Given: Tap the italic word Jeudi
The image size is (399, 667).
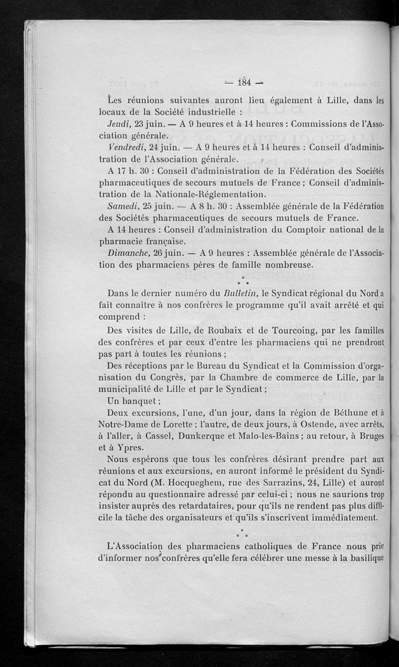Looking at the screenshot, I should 119,123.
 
